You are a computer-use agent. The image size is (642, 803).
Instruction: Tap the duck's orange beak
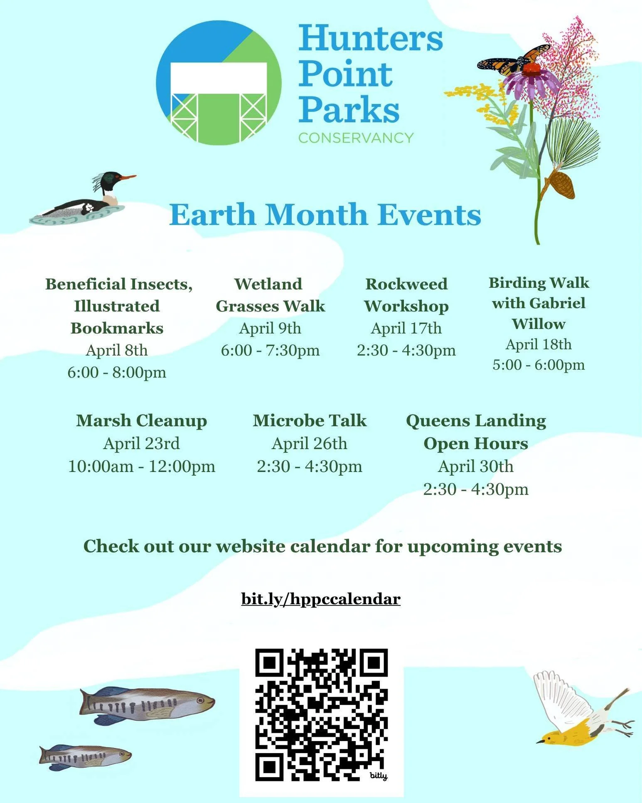tap(128, 178)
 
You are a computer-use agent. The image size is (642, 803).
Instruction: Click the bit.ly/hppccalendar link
tap(320, 599)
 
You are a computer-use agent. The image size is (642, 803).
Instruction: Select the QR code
tap(321, 714)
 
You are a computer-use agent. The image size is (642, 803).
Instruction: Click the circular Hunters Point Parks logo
tap(219, 82)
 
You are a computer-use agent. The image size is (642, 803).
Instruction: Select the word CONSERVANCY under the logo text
tap(356, 138)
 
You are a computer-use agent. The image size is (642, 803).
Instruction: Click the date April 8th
tap(117, 350)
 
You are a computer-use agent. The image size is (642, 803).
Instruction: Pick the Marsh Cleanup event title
tap(141, 420)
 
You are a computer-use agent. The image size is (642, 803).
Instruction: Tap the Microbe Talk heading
tap(310, 420)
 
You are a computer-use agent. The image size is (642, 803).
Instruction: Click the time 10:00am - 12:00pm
tap(142, 466)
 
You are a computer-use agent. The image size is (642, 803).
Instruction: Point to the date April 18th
tap(539, 344)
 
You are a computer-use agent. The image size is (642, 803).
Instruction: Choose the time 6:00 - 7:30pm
tap(270, 350)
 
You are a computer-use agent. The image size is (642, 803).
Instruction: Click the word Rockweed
tap(406, 284)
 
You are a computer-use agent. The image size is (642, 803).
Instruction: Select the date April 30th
tap(476, 466)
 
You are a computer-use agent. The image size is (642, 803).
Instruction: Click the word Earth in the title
tap(212, 215)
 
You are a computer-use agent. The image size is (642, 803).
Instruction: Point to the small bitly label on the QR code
tap(378, 776)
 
